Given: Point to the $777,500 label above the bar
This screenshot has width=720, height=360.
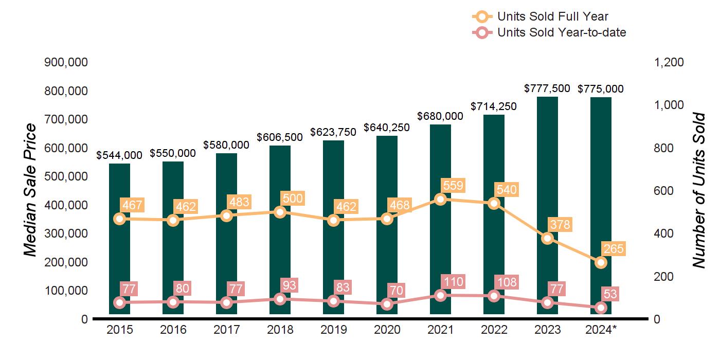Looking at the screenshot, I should point(547,88).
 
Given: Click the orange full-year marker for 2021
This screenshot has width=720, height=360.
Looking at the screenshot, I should point(440,199).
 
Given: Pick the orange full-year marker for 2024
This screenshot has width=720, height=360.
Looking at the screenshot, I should point(601,262).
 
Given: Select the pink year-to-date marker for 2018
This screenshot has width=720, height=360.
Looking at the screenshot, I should point(280,299).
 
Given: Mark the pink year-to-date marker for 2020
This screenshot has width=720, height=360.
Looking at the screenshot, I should point(387,304).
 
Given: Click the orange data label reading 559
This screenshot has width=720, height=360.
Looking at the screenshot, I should point(453,186).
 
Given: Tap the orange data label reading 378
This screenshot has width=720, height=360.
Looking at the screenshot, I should point(560,225).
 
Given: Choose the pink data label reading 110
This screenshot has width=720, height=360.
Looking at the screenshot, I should point(453,282).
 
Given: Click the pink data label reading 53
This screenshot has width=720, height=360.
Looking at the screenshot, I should point(610,294).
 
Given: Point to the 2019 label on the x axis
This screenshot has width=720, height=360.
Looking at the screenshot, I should point(333,330).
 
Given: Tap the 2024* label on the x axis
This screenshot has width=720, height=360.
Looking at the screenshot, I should point(601,330).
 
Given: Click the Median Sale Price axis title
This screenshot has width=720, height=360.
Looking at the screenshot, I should point(31,190).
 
